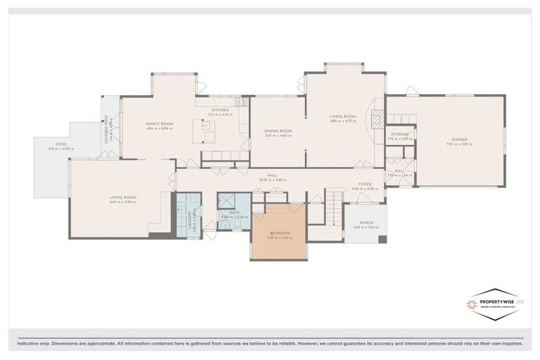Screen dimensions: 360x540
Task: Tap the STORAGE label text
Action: click(x=399, y=134)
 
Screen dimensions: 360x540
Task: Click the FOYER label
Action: click(x=365, y=184)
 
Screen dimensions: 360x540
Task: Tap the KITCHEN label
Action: click(x=221, y=110)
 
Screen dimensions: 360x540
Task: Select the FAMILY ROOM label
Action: click(x=159, y=124)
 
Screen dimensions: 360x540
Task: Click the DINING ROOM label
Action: click(x=278, y=131)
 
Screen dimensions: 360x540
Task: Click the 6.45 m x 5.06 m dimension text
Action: click(x=122, y=202)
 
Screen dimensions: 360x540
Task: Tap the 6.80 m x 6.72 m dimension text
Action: click(x=344, y=121)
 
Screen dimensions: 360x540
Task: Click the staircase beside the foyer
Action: click(x=331, y=210)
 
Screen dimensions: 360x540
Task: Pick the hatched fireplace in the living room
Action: click(x=378, y=121)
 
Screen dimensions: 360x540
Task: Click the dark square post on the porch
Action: click(x=382, y=239)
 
